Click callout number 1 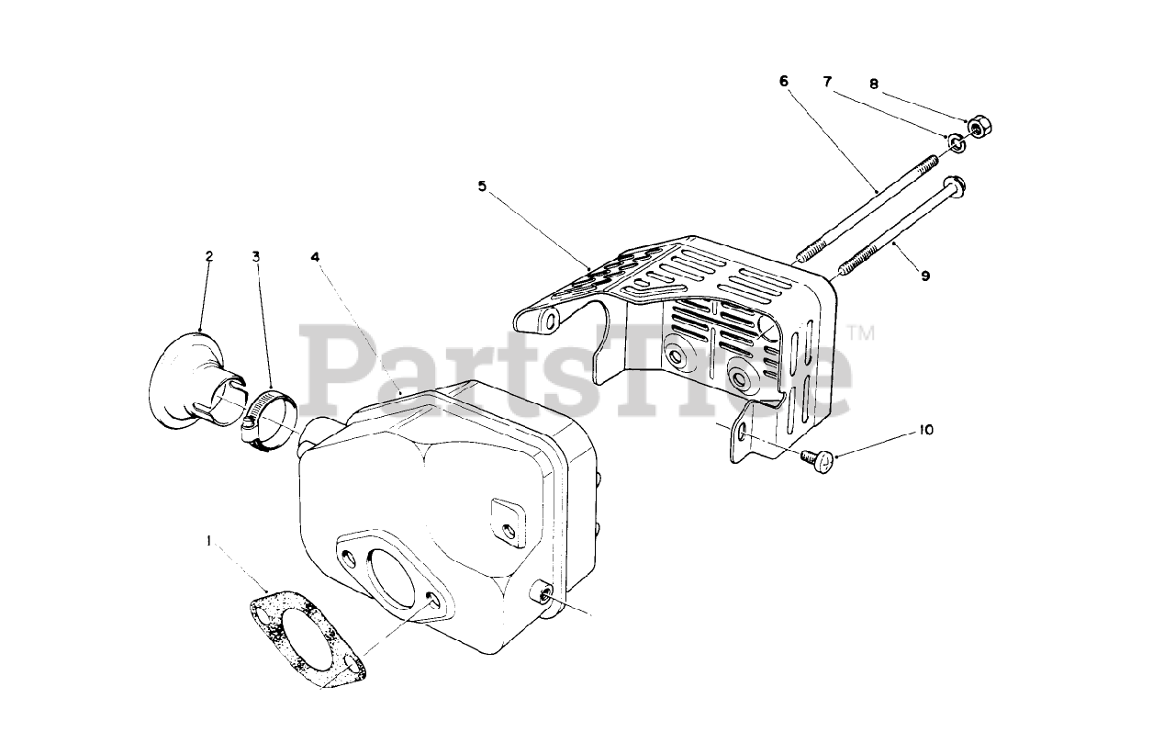pos(208,542)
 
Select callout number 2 pos(208,256)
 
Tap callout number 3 pos(256,256)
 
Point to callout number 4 pos(315,256)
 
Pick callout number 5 pos(481,186)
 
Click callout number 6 pos(783,81)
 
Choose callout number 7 pos(827,82)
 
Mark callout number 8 pos(873,84)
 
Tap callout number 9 pos(924,275)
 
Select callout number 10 pos(924,429)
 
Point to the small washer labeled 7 pos(956,141)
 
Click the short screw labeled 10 pos(821,460)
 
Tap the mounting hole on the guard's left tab pos(550,322)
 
